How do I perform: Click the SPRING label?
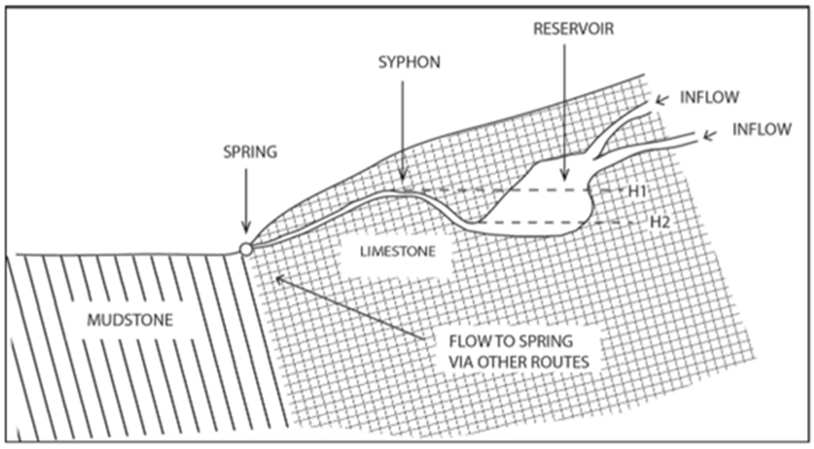[250, 152]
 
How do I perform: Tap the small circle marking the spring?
[246, 249]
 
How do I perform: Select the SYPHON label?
[409, 62]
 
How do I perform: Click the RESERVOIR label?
[573, 29]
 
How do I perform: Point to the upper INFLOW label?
[709, 97]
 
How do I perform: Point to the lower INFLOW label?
[761, 129]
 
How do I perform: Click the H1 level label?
[636, 192]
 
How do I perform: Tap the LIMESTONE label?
[397, 251]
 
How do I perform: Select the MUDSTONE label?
[130, 320]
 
